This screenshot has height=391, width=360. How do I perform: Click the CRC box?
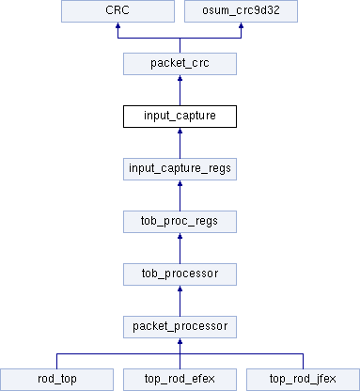coord(117,11)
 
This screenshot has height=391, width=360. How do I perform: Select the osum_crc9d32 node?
coord(241,11)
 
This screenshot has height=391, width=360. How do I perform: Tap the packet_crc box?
coord(180,64)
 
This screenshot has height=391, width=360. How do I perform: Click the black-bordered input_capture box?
coord(180,117)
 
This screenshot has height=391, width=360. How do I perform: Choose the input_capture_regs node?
coord(180,169)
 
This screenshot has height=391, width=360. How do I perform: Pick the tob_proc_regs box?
coord(180,222)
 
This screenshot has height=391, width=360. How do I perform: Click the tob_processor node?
coord(180,274)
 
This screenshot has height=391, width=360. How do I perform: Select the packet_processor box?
coord(180,327)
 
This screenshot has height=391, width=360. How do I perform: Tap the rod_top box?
coord(56,380)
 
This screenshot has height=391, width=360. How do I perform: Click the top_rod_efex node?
coord(180,380)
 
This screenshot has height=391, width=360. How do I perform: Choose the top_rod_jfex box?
coord(303,380)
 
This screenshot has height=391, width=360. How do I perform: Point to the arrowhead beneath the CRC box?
coord(117,25)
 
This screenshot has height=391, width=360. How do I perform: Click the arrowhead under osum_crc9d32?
coord(241,25)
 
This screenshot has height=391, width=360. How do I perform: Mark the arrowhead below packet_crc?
coord(180,78)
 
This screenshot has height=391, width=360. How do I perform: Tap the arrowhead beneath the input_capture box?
coord(180,131)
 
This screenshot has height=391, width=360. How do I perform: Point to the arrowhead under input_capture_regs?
coord(180,183)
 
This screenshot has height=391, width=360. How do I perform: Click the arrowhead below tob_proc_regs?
coord(180,236)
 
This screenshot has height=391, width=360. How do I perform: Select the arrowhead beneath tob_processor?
coord(180,289)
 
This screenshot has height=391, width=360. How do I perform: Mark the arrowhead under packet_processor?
coord(180,341)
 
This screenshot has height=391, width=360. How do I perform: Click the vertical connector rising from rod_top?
coord(56,361)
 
